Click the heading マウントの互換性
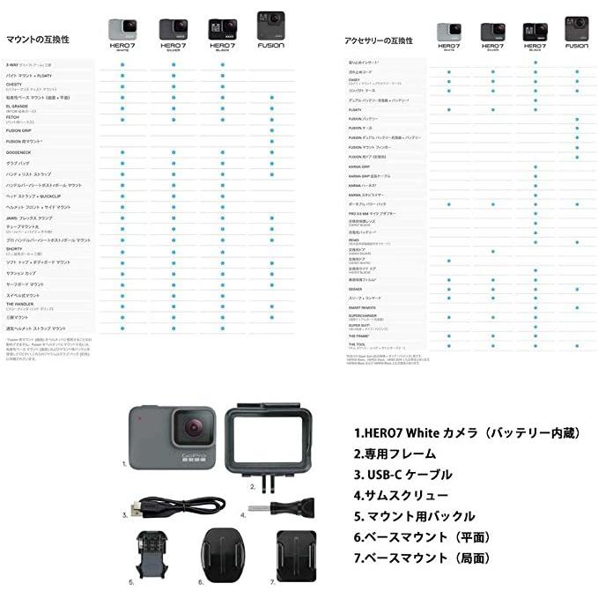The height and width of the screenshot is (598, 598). point(38,41)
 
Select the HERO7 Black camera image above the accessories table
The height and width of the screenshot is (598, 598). point(535,33)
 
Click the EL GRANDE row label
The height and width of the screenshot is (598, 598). point(19,106)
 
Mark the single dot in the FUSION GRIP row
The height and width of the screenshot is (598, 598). point(272,130)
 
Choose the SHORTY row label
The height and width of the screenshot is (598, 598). point(19,249)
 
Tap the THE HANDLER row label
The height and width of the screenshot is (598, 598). point(23,305)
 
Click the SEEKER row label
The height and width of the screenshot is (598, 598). point(356,288)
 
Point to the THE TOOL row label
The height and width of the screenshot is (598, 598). point(358,344)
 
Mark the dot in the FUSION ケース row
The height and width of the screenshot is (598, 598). point(578,129)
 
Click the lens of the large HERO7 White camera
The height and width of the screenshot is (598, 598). point(189,429)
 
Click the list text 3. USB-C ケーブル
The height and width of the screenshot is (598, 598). point(403,475)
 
